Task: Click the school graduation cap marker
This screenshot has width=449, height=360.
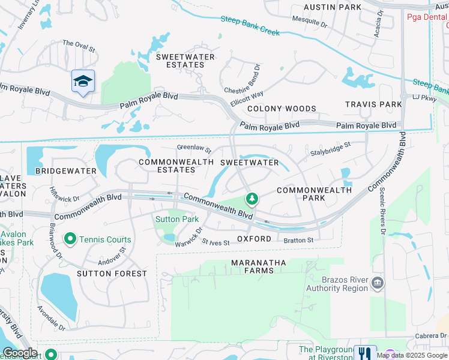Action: click(x=83, y=81)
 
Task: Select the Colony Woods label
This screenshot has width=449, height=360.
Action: click(x=282, y=109)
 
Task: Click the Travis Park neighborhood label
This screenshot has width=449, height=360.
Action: click(x=373, y=104)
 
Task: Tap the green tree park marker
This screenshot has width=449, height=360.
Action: click(x=252, y=198)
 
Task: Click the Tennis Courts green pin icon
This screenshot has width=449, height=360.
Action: click(x=70, y=239)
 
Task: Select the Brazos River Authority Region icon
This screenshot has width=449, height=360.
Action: click(x=378, y=283)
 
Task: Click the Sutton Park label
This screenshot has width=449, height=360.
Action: click(x=177, y=219)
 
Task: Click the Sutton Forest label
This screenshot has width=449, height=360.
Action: click(x=112, y=274)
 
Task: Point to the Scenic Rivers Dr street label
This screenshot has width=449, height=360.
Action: click(x=382, y=208)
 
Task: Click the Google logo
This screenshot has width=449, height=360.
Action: click(x=20, y=353)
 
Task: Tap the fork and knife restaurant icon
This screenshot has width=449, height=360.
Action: click(x=364, y=353)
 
